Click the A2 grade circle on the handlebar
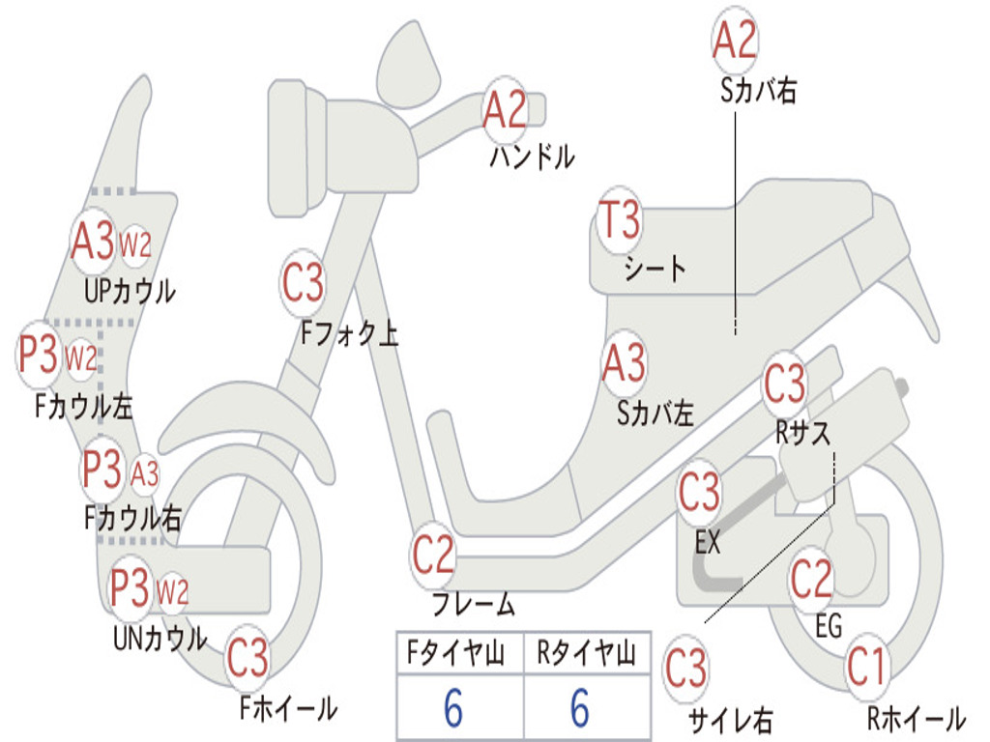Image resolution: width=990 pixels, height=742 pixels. coord(505,109)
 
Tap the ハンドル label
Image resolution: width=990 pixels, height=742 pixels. coord(531,157)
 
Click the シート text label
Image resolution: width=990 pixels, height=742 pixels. coord(655,268)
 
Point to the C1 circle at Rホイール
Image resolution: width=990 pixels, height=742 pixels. coord(866,668)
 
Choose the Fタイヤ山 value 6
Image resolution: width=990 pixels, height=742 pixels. coord(453,708)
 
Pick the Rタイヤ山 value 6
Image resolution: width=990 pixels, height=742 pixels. coord(580,708)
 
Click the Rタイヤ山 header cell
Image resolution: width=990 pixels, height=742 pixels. coord(586,655)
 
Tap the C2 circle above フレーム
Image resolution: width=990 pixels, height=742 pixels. coord(434,556)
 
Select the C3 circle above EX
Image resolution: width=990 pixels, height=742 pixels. coord(699,494)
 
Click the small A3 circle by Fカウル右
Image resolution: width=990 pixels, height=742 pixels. coord(145,474)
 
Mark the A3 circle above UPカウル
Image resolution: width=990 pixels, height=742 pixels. coord(93,243)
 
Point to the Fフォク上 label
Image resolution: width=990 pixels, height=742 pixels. coord(350,334)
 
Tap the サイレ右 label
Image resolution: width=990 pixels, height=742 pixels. coord(730,719)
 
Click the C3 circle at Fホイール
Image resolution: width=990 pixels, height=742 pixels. coord(247,660)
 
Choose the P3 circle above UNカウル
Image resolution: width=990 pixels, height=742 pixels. coord(130,586)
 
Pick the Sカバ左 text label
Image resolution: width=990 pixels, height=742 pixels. coord(655,414)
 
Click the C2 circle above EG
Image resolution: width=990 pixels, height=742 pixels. coord(811,579)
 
